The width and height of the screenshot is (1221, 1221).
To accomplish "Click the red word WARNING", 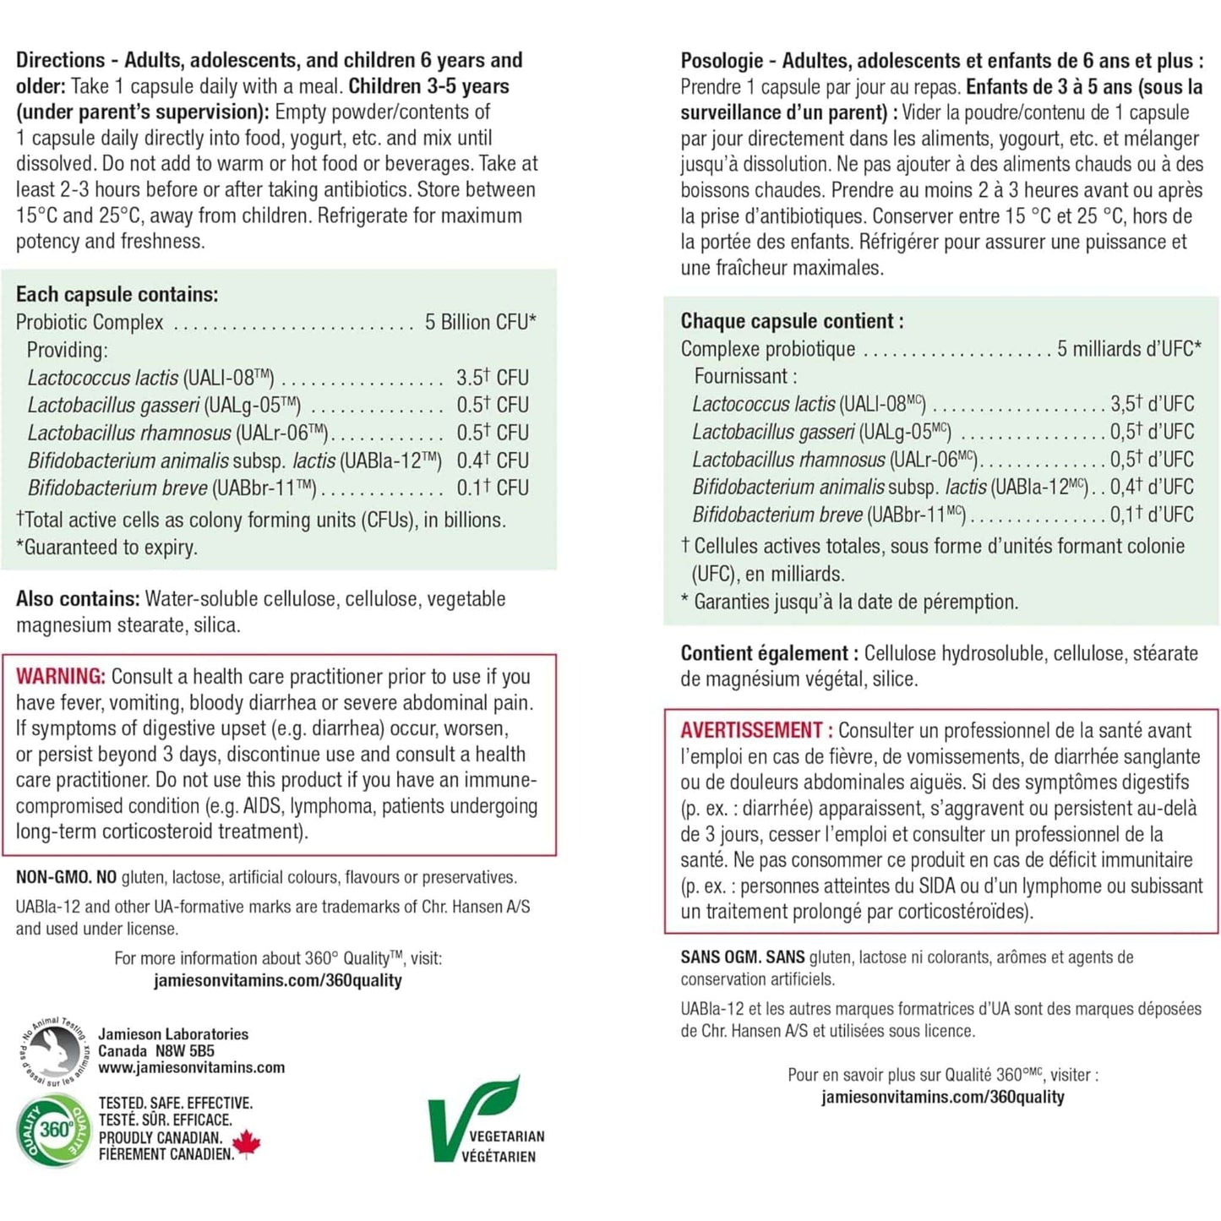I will (60, 676).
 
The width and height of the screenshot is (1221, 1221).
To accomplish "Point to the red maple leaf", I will (247, 1144).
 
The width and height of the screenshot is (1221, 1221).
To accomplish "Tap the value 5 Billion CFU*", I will (480, 322).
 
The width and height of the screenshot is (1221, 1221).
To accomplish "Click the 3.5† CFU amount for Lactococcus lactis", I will (492, 377).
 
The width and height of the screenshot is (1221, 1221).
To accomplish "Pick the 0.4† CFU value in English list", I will (492, 461).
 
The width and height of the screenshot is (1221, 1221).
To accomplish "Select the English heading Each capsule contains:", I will (117, 294).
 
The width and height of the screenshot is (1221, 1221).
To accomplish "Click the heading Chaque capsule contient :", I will (792, 321).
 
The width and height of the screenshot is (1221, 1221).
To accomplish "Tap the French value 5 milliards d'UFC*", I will (1128, 348).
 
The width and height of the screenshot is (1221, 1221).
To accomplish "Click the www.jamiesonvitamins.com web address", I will (191, 1067).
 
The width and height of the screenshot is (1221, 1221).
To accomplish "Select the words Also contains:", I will (77, 599).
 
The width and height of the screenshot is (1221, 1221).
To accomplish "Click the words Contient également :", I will (769, 653).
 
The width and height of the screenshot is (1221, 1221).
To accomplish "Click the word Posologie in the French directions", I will (722, 61).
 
